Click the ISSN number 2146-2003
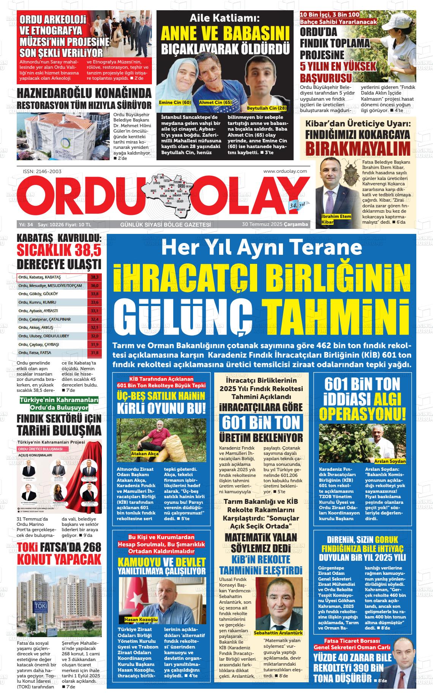pyautogui.click(x=42, y=171)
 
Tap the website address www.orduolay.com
pyautogui.click(x=285, y=171)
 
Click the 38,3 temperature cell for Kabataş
pyautogui.click(x=95, y=277)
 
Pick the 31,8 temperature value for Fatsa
pyautogui.click(x=95, y=353)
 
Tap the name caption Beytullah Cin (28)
pyautogui.click(x=266, y=108)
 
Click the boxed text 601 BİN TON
pyautogui.click(x=261, y=422)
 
